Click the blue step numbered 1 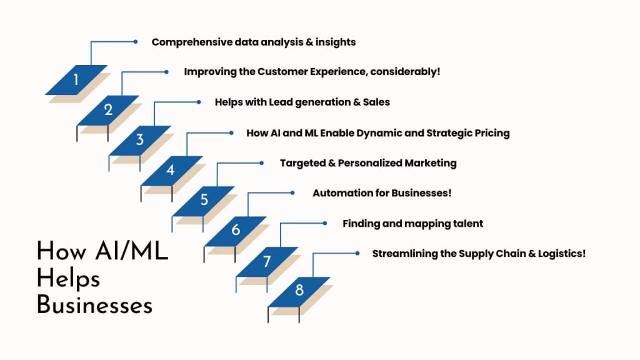point(76,80)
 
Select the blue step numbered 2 point(108,110)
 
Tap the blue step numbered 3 point(140,140)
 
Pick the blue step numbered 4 point(171,171)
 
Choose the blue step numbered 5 point(204,201)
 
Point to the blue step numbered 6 point(236,231)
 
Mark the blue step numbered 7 point(267,261)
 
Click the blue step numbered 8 point(299,291)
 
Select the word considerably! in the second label point(405,72)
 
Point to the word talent point(467,223)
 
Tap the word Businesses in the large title point(94,305)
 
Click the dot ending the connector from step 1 point(135,42)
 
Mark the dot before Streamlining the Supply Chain point(357,253)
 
